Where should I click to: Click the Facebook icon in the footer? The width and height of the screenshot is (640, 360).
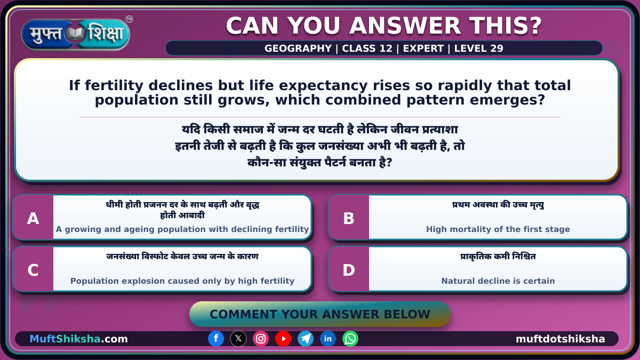coord(216,339)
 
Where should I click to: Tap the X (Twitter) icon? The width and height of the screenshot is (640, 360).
coord(238,339)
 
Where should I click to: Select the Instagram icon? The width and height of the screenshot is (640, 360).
coord(261,339)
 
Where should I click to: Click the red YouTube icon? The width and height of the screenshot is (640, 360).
coord(283,339)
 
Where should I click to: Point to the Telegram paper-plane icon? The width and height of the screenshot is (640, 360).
coord(306,339)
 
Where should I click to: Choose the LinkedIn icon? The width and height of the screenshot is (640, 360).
coord(327,339)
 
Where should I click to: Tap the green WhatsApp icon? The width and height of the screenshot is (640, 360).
coord(350,339)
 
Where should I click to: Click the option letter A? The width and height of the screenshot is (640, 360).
coord(33,219)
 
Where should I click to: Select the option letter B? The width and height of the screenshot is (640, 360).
coord(349,219)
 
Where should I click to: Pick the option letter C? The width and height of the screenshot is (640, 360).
coord(33,270)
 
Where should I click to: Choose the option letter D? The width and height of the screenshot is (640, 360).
coord(349,270)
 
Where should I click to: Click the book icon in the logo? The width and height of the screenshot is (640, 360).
coord(75,34)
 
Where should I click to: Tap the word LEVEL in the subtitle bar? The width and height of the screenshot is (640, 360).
coord(470,49)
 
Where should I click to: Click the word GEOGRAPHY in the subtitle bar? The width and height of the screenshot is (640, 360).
coord(298,49)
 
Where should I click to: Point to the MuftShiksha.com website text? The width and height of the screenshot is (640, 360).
coord(78,339)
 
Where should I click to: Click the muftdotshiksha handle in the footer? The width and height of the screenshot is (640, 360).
coord(561,339)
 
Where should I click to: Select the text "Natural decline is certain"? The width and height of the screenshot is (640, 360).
coord(498,281)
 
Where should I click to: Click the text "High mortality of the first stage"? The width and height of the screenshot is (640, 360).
coord(498,229)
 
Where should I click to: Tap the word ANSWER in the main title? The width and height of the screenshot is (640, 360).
coord(405,26)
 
